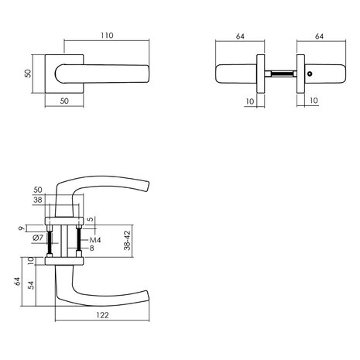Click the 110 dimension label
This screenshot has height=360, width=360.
point(107,36)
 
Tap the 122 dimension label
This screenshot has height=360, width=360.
point(102,315)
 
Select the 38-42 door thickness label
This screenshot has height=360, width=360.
point(127,241)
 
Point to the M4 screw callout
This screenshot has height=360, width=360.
point(95,240)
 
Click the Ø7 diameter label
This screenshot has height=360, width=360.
point(38,238)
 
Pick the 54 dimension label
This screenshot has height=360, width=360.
point(31,285)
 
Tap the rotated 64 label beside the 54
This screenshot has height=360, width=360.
point(17,281)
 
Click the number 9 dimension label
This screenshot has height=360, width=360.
point(22,228)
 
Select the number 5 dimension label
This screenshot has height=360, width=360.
point(90,220)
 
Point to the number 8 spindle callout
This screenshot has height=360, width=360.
point(91,249)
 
